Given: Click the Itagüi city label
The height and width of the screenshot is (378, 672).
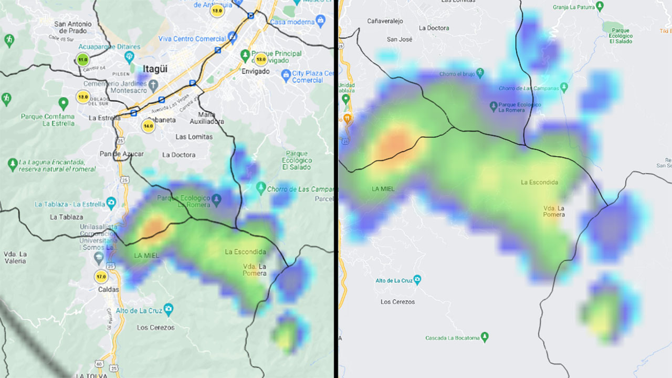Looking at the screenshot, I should (154, 69).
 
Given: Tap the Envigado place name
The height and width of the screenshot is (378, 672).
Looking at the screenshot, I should (255, 71).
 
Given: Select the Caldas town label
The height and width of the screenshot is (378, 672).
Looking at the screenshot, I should (108, 289).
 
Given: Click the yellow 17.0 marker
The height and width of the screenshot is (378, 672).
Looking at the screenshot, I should (101, 277).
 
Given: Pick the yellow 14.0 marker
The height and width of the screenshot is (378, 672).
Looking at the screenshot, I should (149, 126).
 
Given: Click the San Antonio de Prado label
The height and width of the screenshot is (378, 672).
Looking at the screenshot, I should (73, 27).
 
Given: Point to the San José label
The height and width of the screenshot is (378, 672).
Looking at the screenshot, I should (400, 39).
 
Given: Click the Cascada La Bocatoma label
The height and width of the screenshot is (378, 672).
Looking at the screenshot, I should (452, 338).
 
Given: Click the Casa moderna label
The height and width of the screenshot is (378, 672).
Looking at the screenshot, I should (293, 22).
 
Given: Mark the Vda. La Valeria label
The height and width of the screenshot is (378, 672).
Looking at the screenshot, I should (16, 257).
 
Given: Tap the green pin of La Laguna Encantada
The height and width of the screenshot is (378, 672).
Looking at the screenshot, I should (13, 164).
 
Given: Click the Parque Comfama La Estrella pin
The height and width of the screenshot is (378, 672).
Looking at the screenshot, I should (64, 103).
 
